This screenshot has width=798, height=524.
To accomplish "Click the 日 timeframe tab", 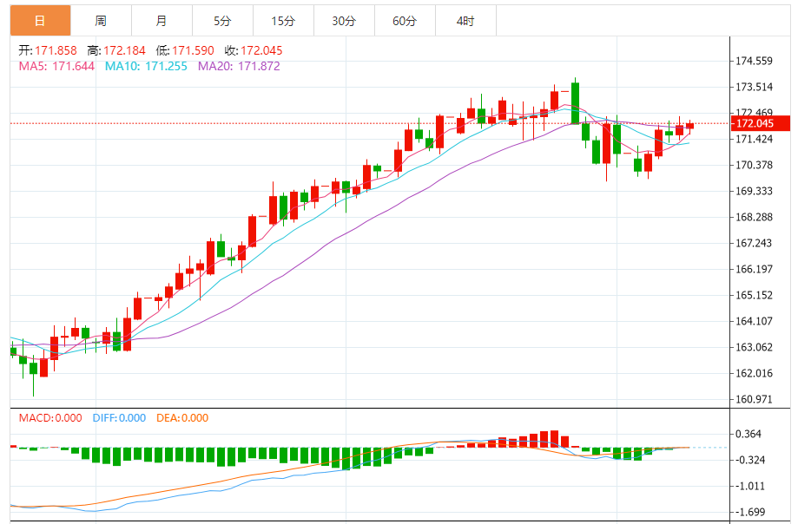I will [40, 21].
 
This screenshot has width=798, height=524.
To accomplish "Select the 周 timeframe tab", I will [101, 21].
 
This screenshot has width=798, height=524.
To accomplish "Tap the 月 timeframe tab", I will [162, 21].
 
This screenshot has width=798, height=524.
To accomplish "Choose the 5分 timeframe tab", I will [222, 21].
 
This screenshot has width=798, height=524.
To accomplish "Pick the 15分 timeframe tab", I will [283, 21].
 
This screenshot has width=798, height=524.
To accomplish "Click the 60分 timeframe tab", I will [405, 21].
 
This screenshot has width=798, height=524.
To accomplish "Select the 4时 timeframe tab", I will [465, 21].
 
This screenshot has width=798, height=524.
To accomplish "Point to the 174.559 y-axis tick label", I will [755, 61].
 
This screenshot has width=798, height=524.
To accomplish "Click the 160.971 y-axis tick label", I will [755, 400].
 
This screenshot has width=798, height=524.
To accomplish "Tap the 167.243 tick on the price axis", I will [755, 243].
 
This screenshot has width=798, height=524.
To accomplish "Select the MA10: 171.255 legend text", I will [148, 66].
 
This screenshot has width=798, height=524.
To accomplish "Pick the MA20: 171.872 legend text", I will [240, 66].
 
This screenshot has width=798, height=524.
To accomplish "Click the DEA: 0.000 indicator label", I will [182, 418].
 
